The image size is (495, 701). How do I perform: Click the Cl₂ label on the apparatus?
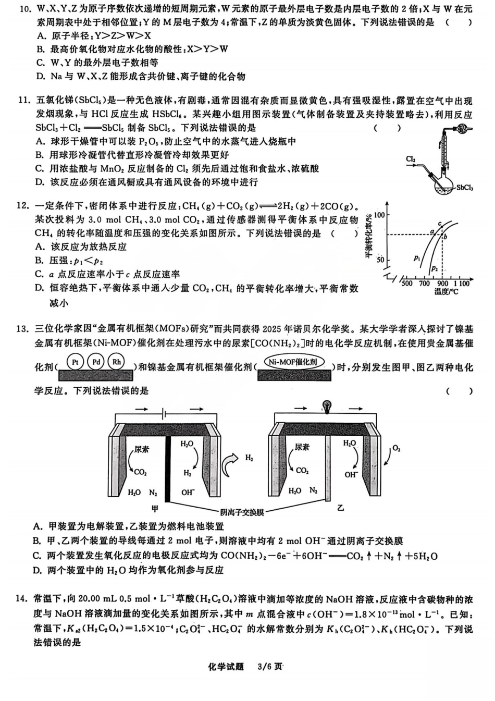[x=411, y=159]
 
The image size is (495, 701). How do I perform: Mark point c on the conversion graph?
[x=439, y=224]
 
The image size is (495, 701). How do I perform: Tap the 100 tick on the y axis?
[x=379, y=215]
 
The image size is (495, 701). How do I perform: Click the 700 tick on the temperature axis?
[x=424, y=284]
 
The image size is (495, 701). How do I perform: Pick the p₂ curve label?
[x=434, y=268]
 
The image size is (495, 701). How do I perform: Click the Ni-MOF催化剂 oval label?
[x=294, y=362]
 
